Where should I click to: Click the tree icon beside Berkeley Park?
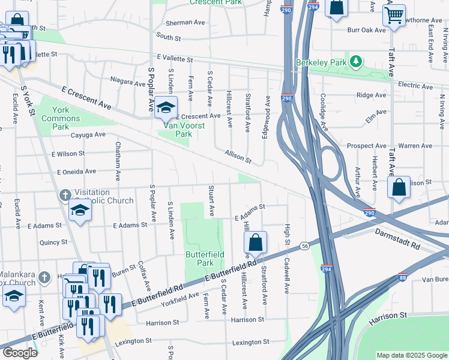[x=356, y=62]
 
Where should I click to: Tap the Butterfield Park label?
[x=205, y=259]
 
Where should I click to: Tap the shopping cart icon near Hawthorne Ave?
[x=394, y=16]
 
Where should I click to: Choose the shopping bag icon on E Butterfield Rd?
[x=255, y=242]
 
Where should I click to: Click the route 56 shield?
[x=305, y=246]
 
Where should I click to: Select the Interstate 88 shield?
[x=402, y=278]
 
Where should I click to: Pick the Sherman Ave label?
[x=185, y=22]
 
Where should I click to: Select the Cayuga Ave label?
[x=88, y=135]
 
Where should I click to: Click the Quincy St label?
[x=53, y=242]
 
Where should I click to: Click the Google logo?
[x=20, y=353]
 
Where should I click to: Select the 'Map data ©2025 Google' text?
[x=411, y=355]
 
